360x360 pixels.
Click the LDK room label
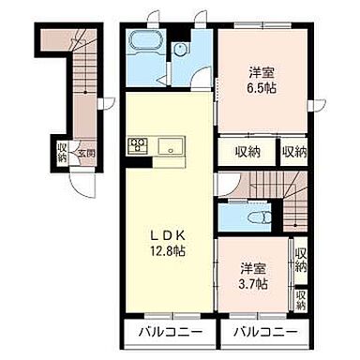pos(168,236)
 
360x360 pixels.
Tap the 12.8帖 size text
pos(168,251)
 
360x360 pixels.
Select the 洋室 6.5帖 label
pos(262,81)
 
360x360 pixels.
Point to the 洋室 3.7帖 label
pos(253,276)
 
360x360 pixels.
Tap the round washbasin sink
pos(180,49)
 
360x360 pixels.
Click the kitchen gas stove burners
pos(138,145)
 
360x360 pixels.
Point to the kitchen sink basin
pos(170,146)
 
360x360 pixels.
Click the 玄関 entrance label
pos(86,154)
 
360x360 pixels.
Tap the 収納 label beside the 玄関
pos(62,152)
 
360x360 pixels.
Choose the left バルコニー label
pos(171,332)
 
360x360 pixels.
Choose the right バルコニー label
pos(266,332)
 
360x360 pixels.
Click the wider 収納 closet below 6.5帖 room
pos(247,152)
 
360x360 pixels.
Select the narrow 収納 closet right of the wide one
pos(293,152)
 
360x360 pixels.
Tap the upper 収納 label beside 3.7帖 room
pos(301,261)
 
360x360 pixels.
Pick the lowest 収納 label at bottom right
pos(301,300)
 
